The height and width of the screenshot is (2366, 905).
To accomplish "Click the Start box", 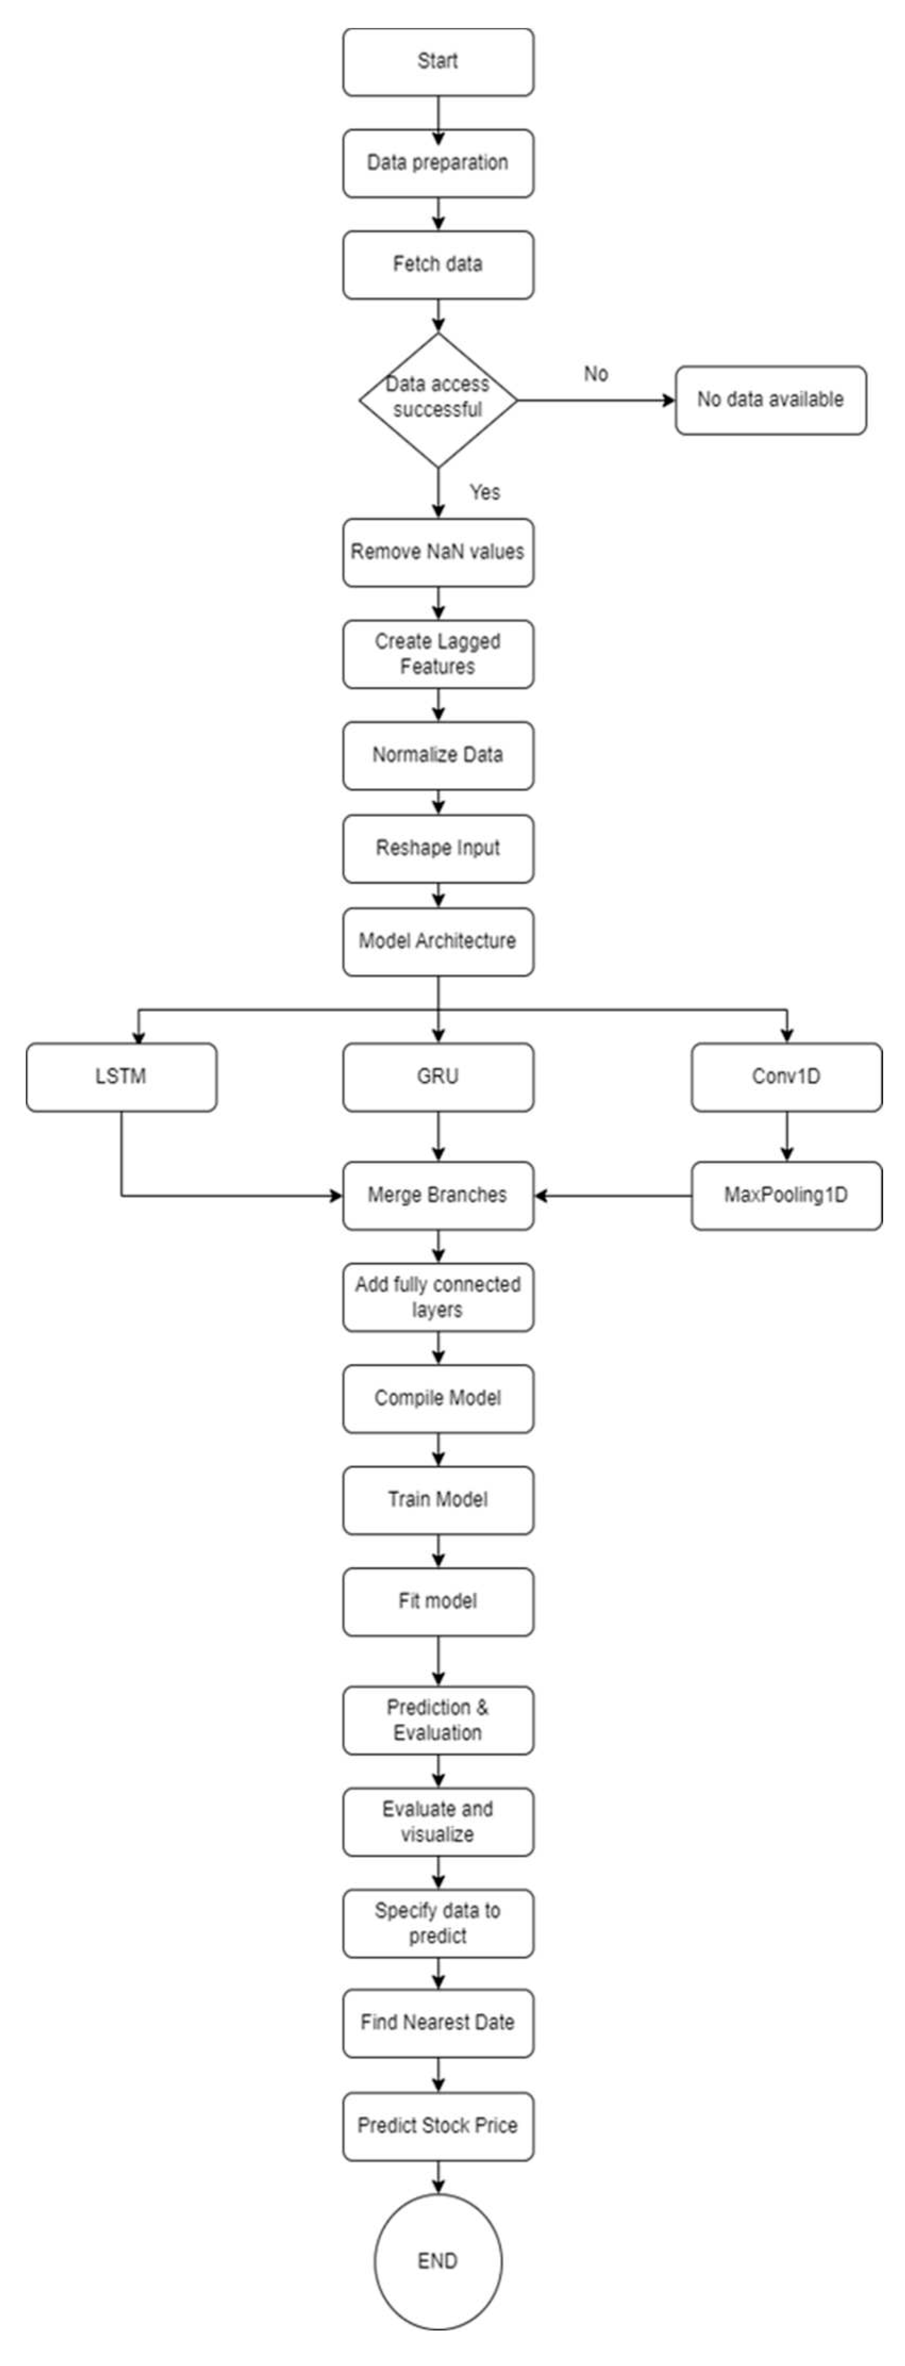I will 438,62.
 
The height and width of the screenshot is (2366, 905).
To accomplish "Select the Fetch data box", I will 438,264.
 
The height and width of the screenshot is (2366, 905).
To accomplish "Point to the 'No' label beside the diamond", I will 596,374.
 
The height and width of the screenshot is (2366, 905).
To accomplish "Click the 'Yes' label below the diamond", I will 484,492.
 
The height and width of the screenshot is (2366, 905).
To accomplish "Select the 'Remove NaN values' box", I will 438,552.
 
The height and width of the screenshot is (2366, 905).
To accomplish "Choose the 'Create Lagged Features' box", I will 438,654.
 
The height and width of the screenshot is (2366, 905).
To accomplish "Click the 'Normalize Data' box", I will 438,755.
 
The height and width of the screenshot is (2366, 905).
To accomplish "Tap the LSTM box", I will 121,1077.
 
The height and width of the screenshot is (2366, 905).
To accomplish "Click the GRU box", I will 438,1077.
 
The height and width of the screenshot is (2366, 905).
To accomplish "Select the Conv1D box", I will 786,1077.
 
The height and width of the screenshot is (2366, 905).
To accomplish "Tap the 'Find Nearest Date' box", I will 438,2023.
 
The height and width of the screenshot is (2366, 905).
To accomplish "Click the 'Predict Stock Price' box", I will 438,2125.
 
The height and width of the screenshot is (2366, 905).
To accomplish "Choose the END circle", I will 438,2261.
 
